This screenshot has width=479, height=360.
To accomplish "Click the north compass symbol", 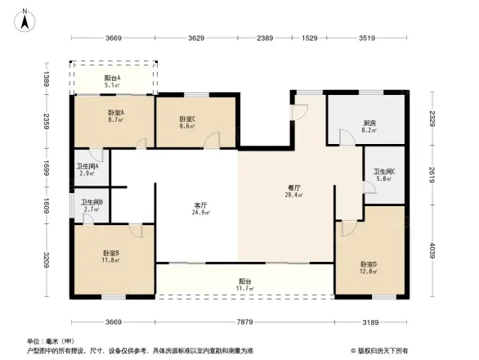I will pos(25,18).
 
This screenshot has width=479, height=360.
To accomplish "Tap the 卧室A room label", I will pos(115,112).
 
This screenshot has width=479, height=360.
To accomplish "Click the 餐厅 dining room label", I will pos(293,187).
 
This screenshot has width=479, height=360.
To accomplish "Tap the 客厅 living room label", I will pos(199,205).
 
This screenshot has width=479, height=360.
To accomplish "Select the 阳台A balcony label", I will pos(114,78).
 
